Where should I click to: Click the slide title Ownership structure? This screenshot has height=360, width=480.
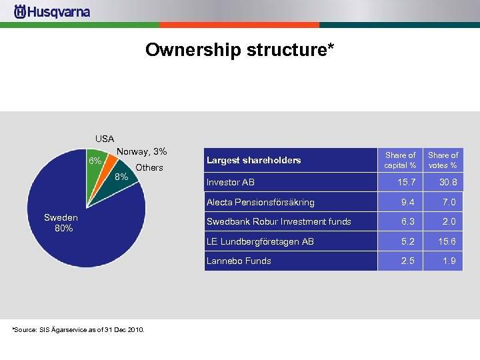(239, 50)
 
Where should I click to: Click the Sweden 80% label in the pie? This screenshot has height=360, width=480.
(61, 223)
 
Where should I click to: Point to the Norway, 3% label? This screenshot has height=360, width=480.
(141, 152)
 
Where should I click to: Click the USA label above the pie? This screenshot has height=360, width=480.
(105, 139)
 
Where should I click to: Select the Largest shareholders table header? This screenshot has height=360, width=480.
(254, 160)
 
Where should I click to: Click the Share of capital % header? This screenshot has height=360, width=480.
(401, 160)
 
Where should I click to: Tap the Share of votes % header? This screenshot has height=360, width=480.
(443, 160)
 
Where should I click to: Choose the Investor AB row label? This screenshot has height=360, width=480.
(231, 183)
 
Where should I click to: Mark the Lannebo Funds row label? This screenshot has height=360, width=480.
(239, 261)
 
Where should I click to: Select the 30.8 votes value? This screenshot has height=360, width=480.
(447, 183)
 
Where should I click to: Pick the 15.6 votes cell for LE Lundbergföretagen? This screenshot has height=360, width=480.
(447, 241)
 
